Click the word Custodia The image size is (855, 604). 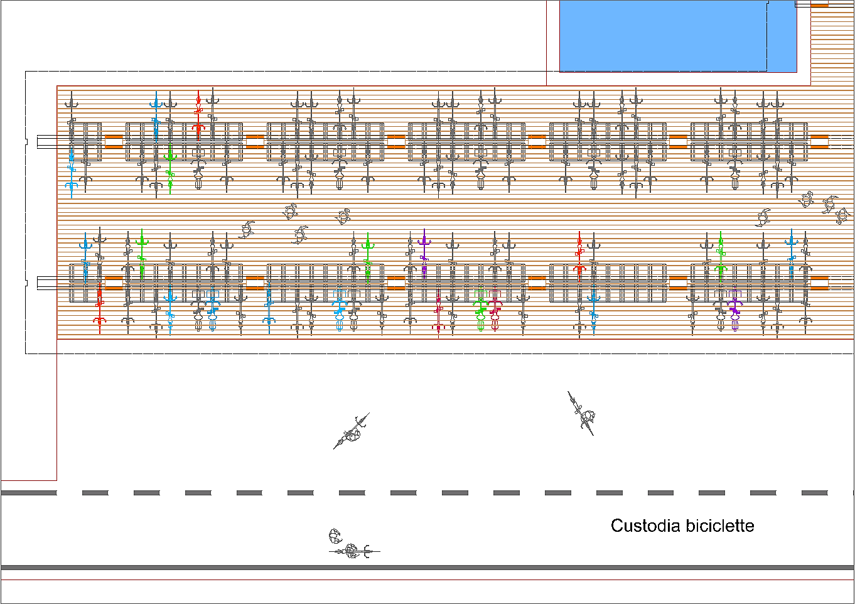click(x=645, y=526)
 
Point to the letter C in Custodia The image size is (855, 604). click(x=617, y=526)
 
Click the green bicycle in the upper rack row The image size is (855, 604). click(x=169, y=166)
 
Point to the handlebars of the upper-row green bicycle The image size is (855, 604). click(x=169, y=154)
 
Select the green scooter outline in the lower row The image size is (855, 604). click(x=481, y=314)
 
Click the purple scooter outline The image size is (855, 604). click(x=734, y=314)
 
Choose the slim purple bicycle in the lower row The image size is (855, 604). click(x=424, y=254)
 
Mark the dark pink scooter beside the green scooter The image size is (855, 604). click(x=495, y=314)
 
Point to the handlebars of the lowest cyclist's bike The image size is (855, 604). click(x=367, y=551)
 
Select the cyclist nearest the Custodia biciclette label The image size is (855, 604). click(x=581, y=413)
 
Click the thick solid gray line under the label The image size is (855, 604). click(x=427, y=568)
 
